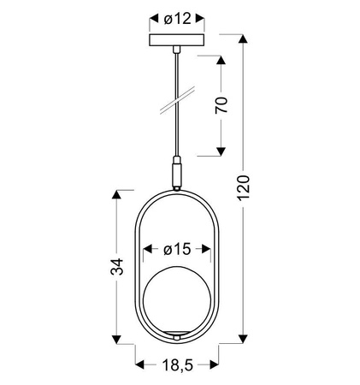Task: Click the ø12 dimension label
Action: (179, 17)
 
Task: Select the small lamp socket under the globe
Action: (178, 332)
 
